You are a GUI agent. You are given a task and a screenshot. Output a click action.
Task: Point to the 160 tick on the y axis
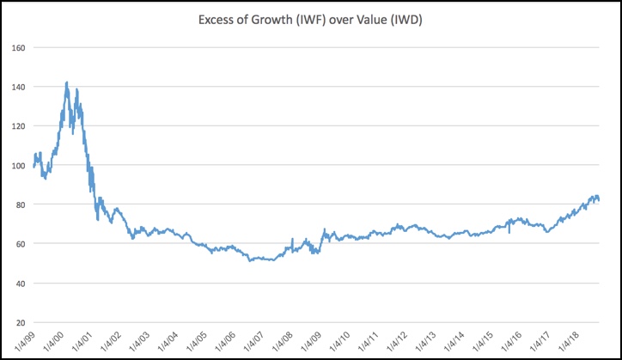click(18, 47)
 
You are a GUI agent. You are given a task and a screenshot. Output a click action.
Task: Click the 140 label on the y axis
click(18, 87)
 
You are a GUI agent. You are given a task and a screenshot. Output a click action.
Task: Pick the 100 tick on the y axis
click(18, 165)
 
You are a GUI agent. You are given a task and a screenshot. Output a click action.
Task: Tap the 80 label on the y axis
click(20, 204)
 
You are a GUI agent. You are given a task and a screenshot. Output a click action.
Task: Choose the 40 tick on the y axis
click(20, 284)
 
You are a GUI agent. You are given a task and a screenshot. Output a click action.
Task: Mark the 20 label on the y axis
click(20, 322)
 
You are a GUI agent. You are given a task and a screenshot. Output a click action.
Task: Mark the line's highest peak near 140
click(67, 82)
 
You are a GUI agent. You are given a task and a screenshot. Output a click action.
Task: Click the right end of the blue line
click(599, 200)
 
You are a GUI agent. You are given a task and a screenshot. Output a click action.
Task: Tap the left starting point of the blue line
click(34, 166)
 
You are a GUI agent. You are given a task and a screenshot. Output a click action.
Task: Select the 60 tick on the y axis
click(20, 244)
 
